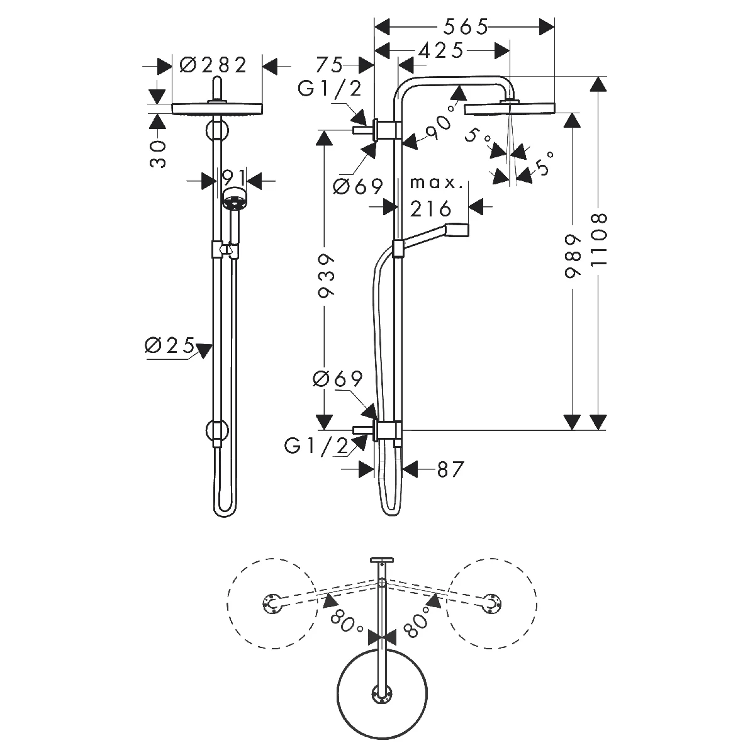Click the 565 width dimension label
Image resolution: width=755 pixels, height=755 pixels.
point(466,26)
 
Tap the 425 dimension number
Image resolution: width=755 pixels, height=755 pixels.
point(441,50)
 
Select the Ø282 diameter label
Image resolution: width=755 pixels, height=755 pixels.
point(213,65)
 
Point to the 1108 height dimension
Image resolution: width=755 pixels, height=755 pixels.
point(599,240)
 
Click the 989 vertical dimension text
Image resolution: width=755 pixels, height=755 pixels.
point(573,257)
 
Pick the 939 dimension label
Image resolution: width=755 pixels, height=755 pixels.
point(325,276)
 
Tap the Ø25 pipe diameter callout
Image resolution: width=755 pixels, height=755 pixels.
point(170,345)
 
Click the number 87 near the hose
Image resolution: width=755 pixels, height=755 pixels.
point(450,469)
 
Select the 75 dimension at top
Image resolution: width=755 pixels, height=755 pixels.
point(330,65)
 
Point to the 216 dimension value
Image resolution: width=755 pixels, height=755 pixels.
point(430,208)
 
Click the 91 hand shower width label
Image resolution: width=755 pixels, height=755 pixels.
point(234,178)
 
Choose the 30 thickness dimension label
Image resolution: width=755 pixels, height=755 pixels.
point(157,154)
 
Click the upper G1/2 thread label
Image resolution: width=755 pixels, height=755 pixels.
point(330,89)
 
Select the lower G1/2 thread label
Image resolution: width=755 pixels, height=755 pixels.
point(316,446)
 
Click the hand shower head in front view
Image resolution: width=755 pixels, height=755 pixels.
point(234,199)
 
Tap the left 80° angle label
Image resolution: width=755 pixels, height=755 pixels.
point(346,622)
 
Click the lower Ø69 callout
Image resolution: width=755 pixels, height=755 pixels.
point(338,379)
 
